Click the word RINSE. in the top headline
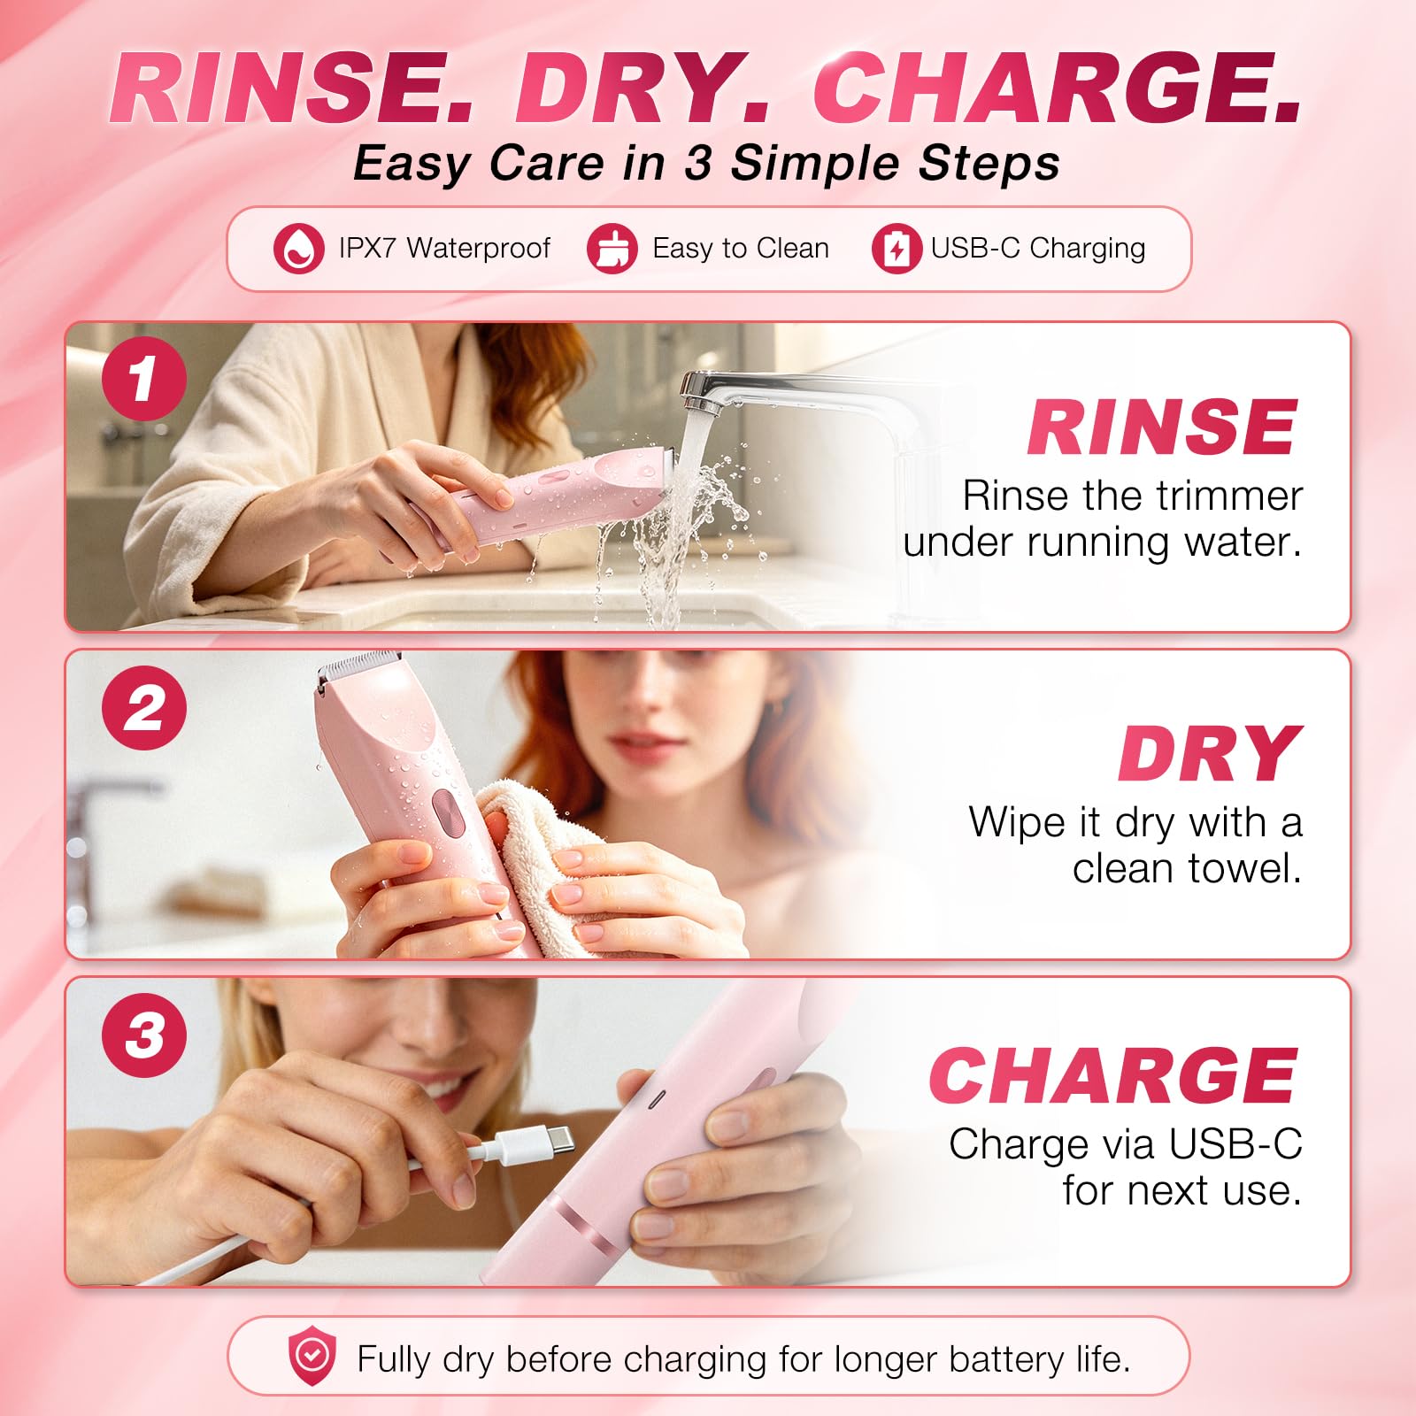[292, 88]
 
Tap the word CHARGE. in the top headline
[1058, 88]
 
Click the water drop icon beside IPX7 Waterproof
[298, 248]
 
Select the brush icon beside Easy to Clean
[612, 248]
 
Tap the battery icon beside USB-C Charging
[897, 248]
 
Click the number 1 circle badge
[144, 379]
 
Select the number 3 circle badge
[144, 1035]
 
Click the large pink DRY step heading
[1210, 754]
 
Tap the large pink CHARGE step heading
[1113, 1075]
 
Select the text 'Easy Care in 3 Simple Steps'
[706, 164]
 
